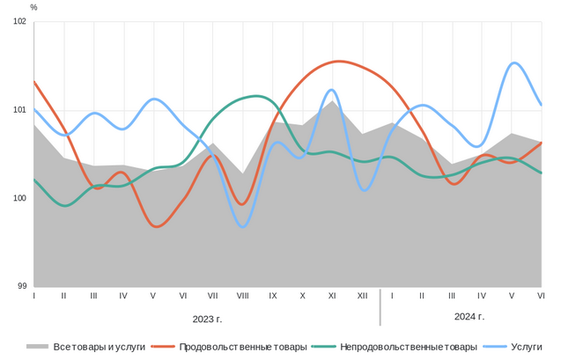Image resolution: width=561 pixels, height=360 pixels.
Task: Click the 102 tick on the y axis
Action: click(x=20, y=22)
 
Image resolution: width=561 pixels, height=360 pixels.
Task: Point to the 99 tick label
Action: click(x=22, y=286)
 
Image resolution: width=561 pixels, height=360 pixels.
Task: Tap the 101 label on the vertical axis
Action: click(x=20, y=110)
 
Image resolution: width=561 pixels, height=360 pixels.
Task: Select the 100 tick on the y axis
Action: click(x=20, y=198)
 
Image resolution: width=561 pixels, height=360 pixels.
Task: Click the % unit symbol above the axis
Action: click(x=33, y=7)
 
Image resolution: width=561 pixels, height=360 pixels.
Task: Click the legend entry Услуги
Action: click(x=527, y=347)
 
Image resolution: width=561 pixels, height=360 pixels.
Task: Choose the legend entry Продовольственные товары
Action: click(x=242, y=347)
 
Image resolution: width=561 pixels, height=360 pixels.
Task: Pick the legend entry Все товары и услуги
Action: click(x=100, y=347)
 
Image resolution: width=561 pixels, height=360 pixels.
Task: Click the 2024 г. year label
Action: click(x=469, y=316)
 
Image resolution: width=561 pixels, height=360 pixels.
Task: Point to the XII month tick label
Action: click(x=362, y=297)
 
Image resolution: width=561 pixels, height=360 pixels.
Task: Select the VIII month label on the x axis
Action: click(x=242, y=297)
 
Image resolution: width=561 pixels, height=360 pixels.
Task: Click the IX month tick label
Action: click(x=272, y=297)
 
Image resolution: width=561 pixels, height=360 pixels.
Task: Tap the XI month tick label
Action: click(x=332, y=297)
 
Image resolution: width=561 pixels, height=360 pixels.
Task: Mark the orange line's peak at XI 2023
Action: click(x=338, y=62)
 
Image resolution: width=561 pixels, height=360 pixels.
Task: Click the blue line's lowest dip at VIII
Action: click(x=243, y=227)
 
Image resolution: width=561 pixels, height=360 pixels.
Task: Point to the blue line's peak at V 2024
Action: click(x=514, y=62)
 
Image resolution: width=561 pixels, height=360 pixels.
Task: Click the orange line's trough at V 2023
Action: click(x=156, y=226)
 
